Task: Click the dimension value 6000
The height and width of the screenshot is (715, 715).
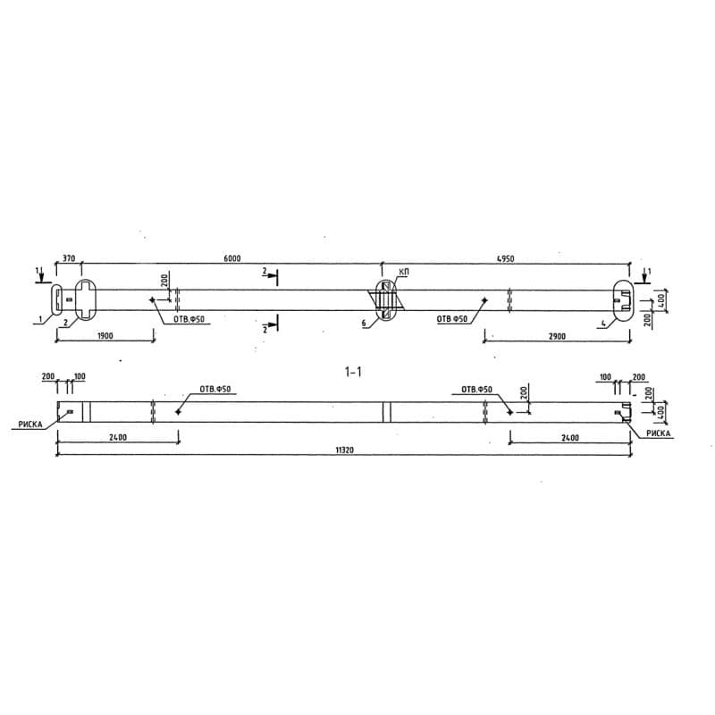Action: tap(231, 258)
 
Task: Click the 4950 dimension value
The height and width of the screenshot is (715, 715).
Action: tap(505, 258)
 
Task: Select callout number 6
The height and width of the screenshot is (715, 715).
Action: tap(365, 323)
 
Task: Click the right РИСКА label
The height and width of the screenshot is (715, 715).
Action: tap(658, 433)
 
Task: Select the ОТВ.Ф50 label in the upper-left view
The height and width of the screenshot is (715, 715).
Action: tap(188, 319)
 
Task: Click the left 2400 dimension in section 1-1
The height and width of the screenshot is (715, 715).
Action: tap(117, 438)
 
